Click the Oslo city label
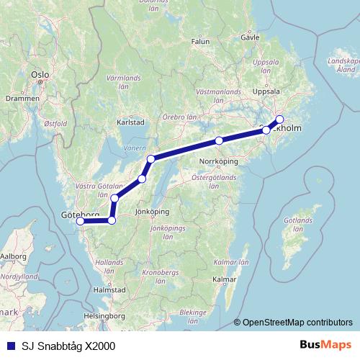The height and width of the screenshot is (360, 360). click(40, 74)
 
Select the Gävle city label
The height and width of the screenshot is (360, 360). click(249, 35)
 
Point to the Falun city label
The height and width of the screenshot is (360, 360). click(200, 42)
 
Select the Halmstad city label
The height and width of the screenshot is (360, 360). click(110, 289)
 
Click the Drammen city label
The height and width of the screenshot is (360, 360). click(19, 98)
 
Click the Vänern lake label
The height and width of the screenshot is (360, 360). click(135, 148)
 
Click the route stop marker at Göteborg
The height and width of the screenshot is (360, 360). click(81, 221)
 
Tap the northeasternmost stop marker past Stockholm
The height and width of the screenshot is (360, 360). click(279, 120)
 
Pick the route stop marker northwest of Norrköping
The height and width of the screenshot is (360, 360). click(219, 140)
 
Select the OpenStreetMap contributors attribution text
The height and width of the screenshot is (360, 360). click(297, 323)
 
